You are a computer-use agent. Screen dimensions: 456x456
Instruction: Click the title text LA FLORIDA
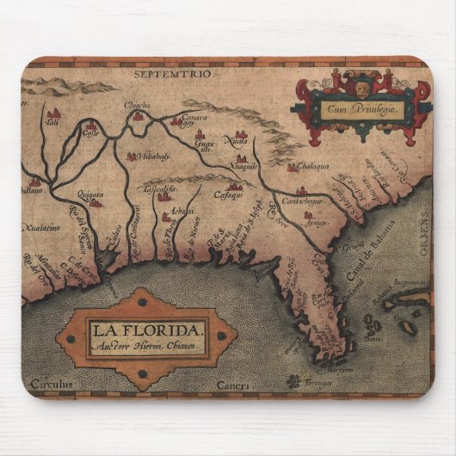[x=145, y=328]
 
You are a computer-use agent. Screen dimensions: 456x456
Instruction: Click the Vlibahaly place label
[x=153, y=157]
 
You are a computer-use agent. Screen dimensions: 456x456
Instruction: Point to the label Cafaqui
[x=227, y=196]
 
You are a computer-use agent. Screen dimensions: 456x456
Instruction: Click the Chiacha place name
[x=138, y=106]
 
